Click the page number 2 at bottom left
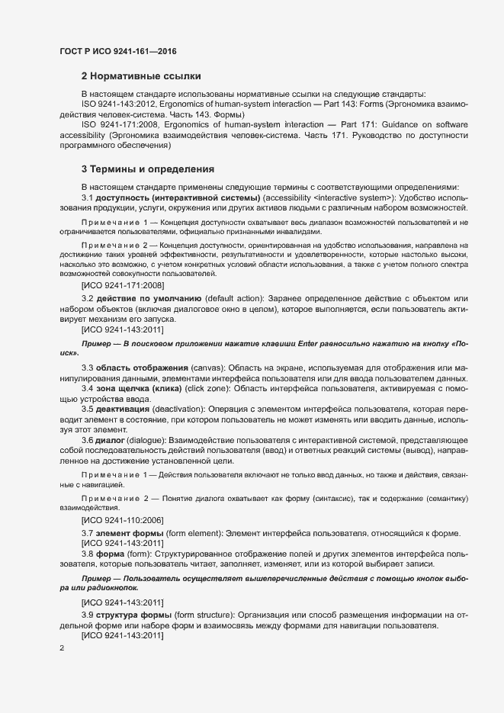62,648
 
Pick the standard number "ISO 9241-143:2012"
120,103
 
